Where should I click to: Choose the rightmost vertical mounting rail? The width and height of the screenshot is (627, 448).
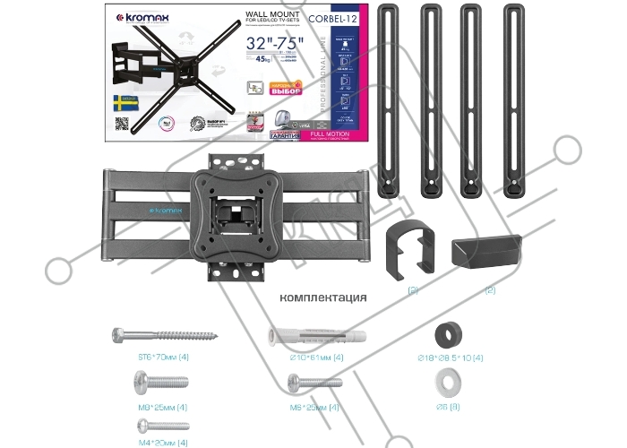[514, 99]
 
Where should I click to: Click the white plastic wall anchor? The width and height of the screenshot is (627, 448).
[306, 336]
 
